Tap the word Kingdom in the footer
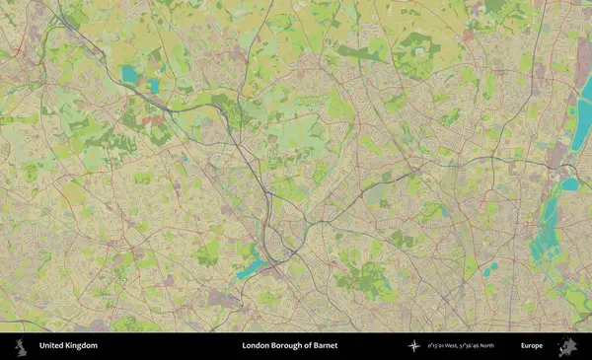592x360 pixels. pos(81,346)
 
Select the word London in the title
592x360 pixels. pos(258,346)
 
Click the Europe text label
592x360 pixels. pos(532,346)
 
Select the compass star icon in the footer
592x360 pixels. pos(414,346)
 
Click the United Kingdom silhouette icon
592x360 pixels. pos(20,346)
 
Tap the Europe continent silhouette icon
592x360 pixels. pos(567,346)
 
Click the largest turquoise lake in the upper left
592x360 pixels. pos(130,73)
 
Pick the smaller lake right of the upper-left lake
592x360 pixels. pos(154,86)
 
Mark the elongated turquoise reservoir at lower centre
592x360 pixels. pos(251,265)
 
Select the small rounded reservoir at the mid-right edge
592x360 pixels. pos(570,183)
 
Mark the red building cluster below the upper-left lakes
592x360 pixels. pos(153,119)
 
